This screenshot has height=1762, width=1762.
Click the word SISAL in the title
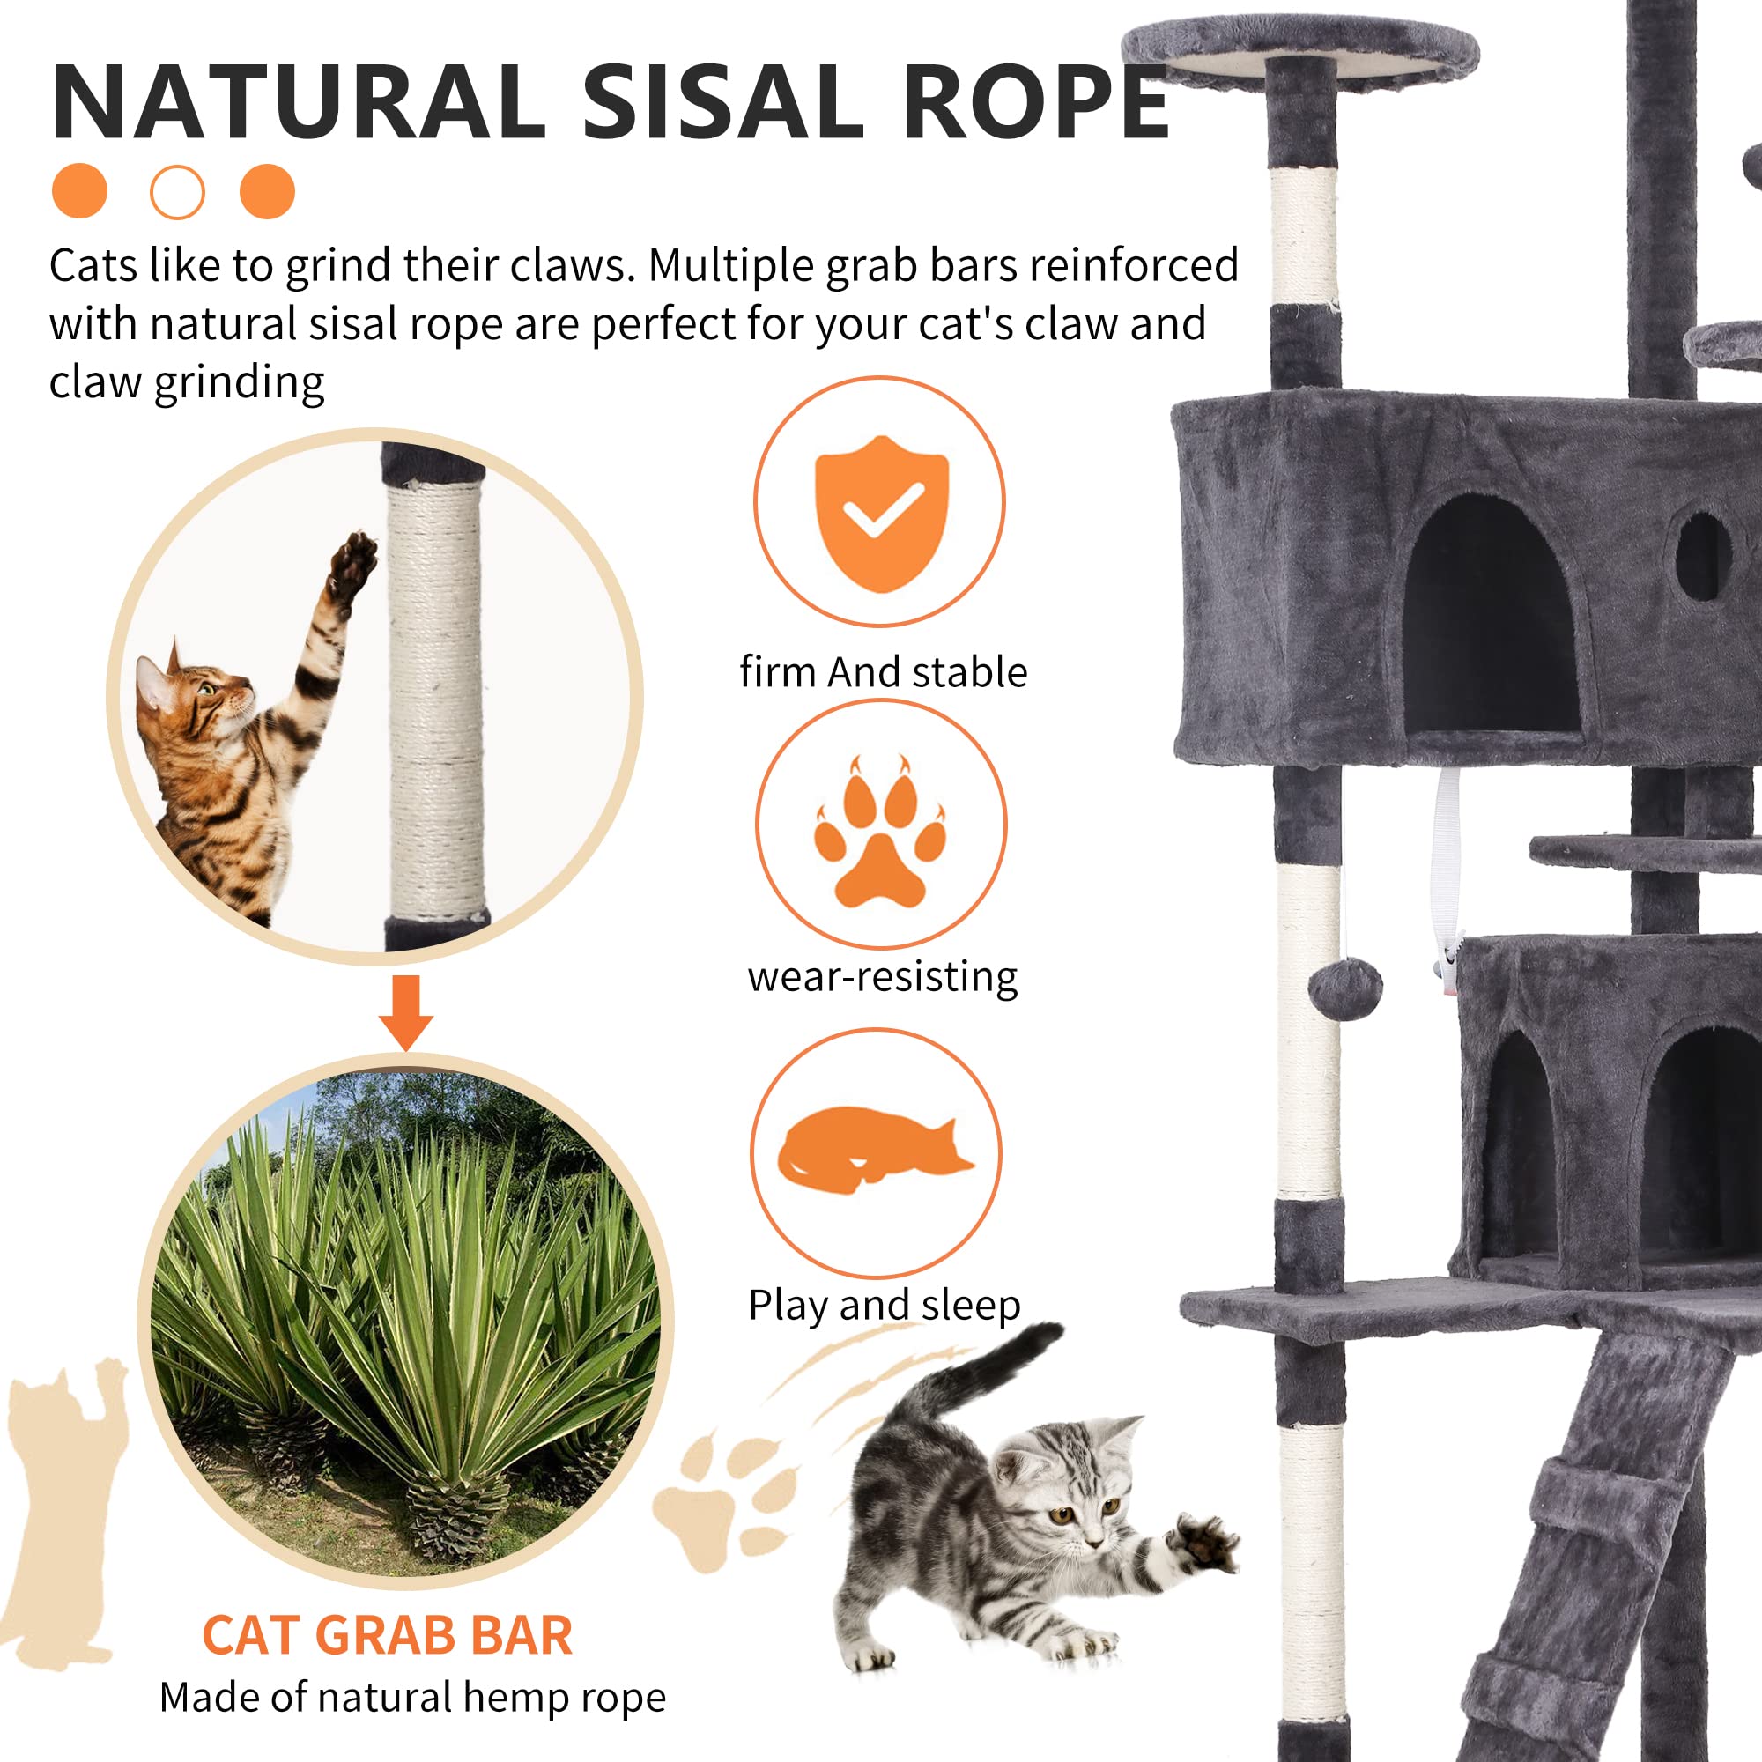point(722,102)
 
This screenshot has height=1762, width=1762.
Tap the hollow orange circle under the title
point(177,191)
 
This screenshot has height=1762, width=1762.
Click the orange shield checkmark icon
point(880,513)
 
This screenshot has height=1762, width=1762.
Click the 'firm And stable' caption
point(883,672)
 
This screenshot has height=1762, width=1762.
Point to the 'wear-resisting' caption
point(882,977)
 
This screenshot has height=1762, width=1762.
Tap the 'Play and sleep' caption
point(884,1305)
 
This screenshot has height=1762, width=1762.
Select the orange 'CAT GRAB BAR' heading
point(387,1635)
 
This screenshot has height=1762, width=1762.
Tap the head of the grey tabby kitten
point(1067,1482)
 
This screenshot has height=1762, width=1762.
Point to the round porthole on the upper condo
point(1702,556)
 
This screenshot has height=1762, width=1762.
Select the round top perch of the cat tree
point(1300,50)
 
